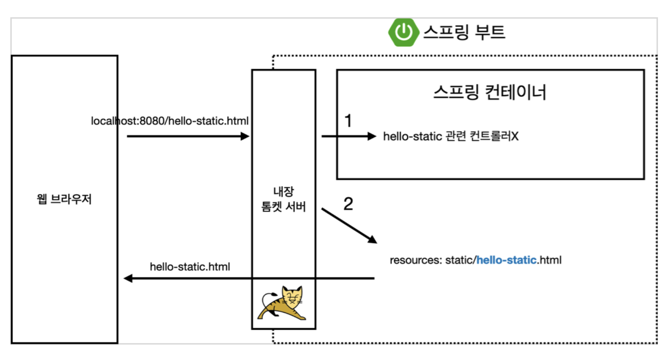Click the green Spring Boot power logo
coord(403,32)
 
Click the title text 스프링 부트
coord(464,32)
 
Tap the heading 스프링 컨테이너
coord(490,92)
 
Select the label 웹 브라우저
coord(65,199)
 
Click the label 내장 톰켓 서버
coord(283,199)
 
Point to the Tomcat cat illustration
coord(283,303)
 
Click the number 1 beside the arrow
coord(348,121)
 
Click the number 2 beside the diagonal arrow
coord(348,204)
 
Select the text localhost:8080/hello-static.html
coord(170,121)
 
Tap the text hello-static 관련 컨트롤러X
coord(450,136)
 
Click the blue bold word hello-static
coord(507,260)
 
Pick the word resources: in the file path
coord(416,260)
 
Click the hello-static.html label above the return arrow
coord(190,267)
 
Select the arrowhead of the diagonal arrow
coord(373,239)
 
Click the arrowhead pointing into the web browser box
coord(128,278)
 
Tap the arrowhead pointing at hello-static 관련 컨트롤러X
coord(372,136)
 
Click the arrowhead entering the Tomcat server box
coord(245,136)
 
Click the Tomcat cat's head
coord(292,297)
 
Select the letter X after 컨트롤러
coord(515,136)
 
